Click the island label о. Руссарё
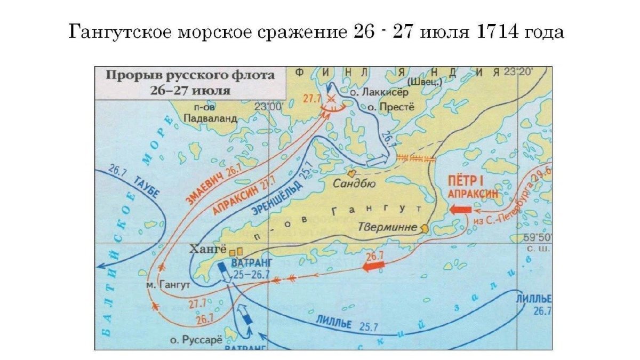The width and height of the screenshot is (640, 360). pos(195,339)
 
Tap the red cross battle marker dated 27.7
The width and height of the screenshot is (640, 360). pos(331,99)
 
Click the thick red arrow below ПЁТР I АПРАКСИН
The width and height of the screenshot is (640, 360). pos(460,210)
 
